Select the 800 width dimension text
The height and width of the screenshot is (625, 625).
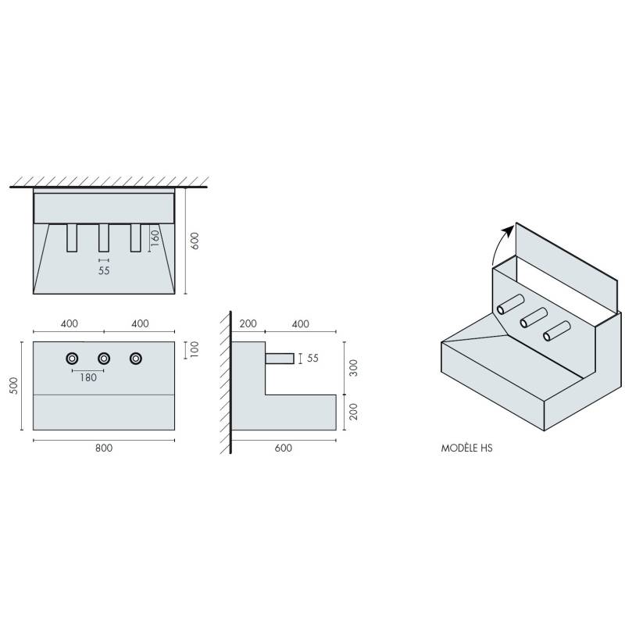pyautogui.click(x=104, y=448)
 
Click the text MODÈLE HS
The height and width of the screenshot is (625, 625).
pyautogui.click(x=467, y=449)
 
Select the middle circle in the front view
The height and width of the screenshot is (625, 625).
pyautogui.click(x=104, y=358)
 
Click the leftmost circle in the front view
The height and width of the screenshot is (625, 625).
pyautogui.click(x=72, y=358)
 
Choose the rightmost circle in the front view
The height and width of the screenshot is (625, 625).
pyautogui.click(x=136, y=358)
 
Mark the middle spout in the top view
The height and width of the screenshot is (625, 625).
pyautogui.click(x=104, y=238)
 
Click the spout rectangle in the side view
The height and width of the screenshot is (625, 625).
pyautogui.click(x=280, y=359)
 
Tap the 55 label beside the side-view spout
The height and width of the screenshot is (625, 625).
pyautogui.click(x=312, y=359)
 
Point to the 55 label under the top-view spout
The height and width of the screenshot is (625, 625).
pyautogui.click(x=104, y=270)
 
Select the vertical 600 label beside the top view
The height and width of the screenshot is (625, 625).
pyautogui.click(x=195, y=241)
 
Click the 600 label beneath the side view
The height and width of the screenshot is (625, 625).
pyautogui.click(x=284, y=448)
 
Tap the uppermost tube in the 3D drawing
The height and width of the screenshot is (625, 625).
pyautogui.click(x=512, y=305)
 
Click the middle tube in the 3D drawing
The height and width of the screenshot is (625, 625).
pyautogui.click(x=534, y=317)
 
